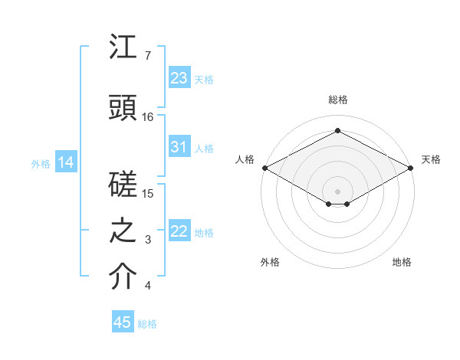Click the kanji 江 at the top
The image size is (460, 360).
tap(123, 47)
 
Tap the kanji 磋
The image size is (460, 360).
tap(123, 185)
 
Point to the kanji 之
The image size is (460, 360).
tap(123, 231)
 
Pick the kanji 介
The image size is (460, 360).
tap(123, 277)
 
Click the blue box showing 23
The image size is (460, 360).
tap(179, 77)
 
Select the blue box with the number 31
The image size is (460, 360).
tap(179, 147)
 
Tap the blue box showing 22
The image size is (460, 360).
tap(179, 231)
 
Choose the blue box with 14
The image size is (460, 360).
tap(65, 162)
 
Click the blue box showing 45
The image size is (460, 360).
tap(123, 322)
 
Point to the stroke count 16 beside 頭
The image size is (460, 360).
tap(148, 117)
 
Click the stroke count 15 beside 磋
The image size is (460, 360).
tap(148, 194)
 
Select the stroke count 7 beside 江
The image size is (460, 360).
tap(148, 56)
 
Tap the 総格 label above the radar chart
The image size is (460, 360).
tap(337, 100)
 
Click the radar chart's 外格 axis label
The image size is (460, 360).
tap(270, 262)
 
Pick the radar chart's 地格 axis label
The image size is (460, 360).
tap(402, 262)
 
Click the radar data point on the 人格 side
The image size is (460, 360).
tap(264, 167)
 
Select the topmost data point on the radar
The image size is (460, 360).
tap(337, 130)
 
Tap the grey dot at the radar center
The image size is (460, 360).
tap(337, 191)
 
